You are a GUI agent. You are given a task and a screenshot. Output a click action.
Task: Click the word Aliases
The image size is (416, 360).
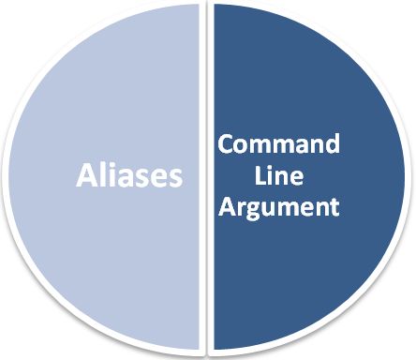pyautogui.click(x=128, y=175)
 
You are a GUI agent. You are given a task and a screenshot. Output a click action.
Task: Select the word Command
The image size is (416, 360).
pyautogui.click(x=278, y=146)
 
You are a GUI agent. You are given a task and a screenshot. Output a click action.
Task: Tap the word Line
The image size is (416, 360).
pyautogui.click(x=278, y=177)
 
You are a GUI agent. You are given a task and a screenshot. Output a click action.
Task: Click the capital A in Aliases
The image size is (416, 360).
pyautogui.click(x=86, y=175)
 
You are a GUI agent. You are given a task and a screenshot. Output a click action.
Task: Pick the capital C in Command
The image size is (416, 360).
pyautogui.click(x=227, y=146)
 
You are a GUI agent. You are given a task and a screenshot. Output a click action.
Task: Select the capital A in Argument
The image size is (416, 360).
pyautogui.click(x=227, y=206)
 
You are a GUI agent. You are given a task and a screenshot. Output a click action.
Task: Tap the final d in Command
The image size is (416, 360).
pyautogui.click(x=331, y=146)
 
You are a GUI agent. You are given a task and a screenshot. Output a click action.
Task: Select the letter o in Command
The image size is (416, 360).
pyautogui.click(x=242, y=148)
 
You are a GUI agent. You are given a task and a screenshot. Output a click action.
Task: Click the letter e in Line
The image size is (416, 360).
pyautogui.click(x=294, y=179)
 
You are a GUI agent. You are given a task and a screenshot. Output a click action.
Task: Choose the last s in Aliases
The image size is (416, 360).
pyautogui.click(x=174, y=177)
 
